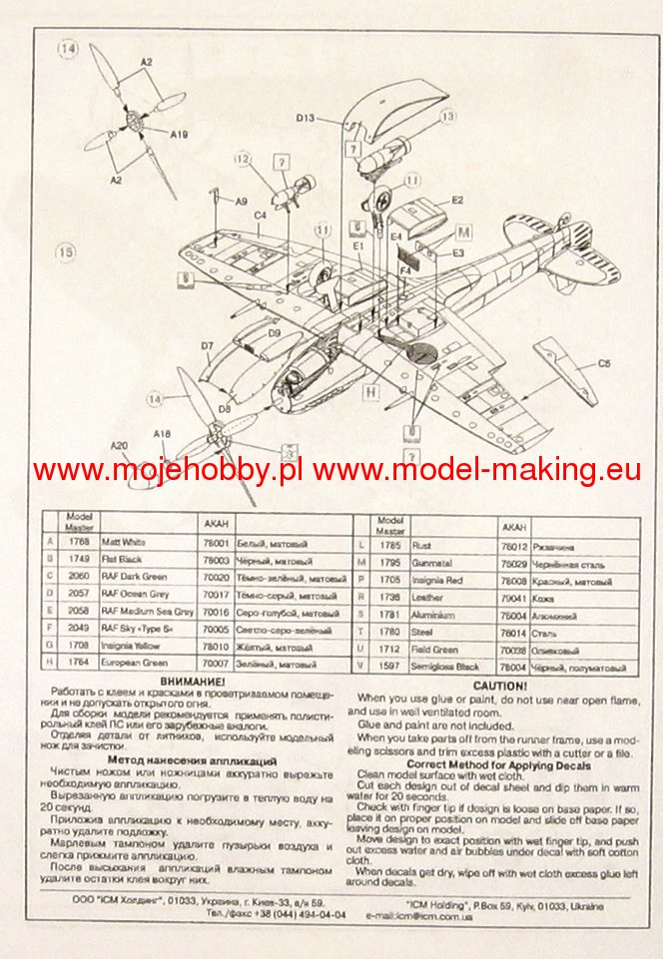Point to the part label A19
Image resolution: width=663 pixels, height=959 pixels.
(179, 134)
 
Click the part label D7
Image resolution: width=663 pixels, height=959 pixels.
(207, 346)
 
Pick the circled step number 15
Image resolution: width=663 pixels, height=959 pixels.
(67, 253)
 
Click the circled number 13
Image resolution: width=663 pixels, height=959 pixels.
(447, 117)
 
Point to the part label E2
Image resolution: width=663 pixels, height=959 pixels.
(456, 201)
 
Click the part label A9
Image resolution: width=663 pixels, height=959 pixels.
(240, 202)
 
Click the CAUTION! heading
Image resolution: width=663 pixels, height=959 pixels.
(492, 687)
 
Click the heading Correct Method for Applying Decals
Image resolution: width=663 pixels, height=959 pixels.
(494, 765)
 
